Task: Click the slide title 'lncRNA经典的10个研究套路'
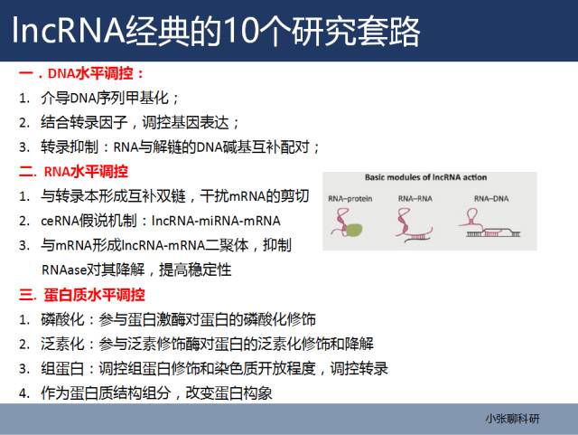tap(217, 31)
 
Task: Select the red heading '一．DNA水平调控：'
tap(81, 73)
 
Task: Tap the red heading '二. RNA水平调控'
tap(73, 172)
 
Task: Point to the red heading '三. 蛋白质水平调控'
tap(82, 295)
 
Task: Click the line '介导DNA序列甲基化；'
tap(110, 98)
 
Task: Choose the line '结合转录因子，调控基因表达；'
tap(140, 123)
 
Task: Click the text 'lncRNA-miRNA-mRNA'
tap(216, 221)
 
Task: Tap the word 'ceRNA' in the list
tap(59, 221)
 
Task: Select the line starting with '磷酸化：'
tap(179, 319)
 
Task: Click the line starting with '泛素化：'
tap(207, 344)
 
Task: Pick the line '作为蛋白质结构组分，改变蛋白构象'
tap(156, 392)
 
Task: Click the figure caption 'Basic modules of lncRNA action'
tap(425, 177)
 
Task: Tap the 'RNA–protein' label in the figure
tap(350, 199)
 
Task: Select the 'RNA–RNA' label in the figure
tap(415, 199)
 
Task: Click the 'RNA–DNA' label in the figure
tap(491, 199)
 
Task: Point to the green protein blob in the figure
tap(353, 230)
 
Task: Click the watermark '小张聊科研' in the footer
tap(512, 419)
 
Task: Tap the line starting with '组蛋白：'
tap(215, 369)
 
